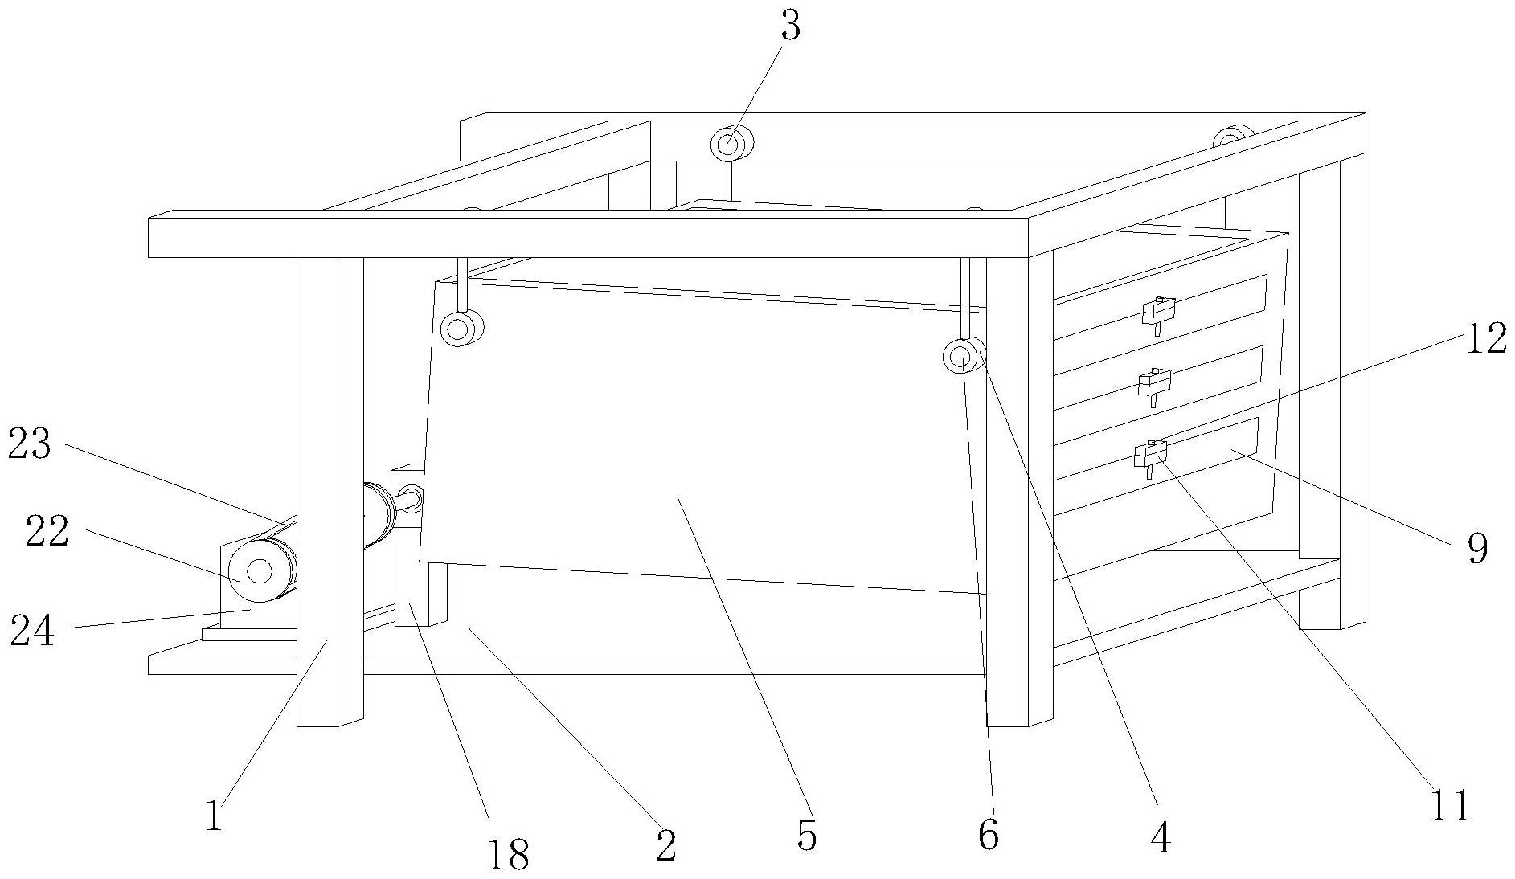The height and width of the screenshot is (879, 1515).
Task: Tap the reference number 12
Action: coord(1485,339)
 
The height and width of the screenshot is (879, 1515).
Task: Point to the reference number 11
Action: coord(1449,805)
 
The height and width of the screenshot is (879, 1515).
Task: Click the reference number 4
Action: coord(1161,838)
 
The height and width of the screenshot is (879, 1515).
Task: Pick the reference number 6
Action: coord(988,835)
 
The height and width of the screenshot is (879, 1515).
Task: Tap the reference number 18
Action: coord(508,855)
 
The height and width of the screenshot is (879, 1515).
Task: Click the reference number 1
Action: coord(212,816)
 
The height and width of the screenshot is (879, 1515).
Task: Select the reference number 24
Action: coord(32,631)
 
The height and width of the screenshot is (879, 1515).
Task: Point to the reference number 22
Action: coord(47,532)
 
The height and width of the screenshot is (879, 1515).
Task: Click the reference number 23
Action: coord(30,444)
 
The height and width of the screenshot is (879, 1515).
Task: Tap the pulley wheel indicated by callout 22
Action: coord(259,571)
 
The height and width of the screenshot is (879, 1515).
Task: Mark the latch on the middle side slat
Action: coord(1154,382)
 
